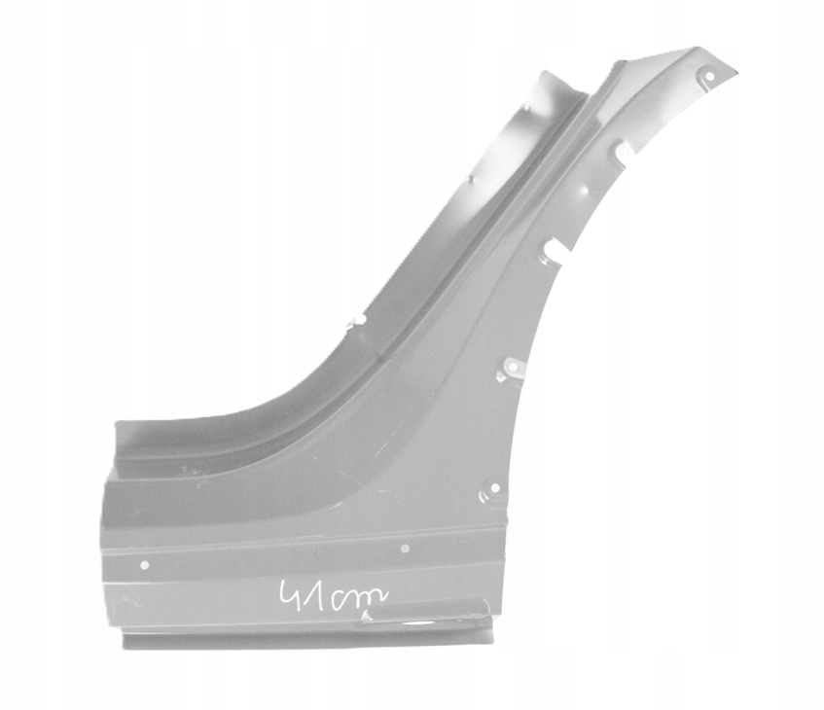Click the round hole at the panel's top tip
pyautogui.click(x=709, y=76)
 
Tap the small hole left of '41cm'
pyautogui.click(x=145, y=565)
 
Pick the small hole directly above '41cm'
pyautogui.click(x=405, y=549)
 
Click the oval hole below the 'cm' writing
pyautogui.click(x=416, y=624)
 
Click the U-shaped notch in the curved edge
pyautogui.click(x=553, y=247)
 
